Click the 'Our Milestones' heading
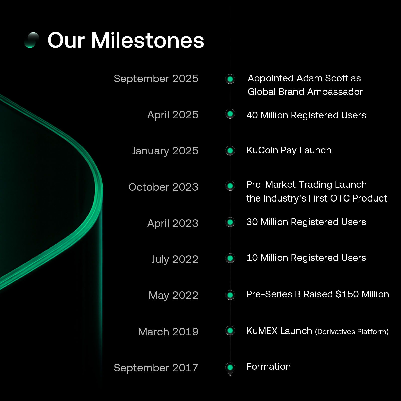(126, 40)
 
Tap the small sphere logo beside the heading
(32, 40)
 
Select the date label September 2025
(156, 79)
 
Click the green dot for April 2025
(230, 114)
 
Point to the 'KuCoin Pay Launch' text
(289, 150)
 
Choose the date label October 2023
(163, 187)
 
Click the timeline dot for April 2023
(230, 222)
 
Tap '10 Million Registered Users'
(306, 258)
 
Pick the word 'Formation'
(269, 367)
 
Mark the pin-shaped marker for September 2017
(230, 369)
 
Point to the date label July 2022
(175, 259)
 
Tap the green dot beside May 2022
(230, 295)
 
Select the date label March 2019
(168, 332)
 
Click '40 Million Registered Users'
(306, 115)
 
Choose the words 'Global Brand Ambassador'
(305, 92)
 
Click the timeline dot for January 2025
(230, 151)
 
